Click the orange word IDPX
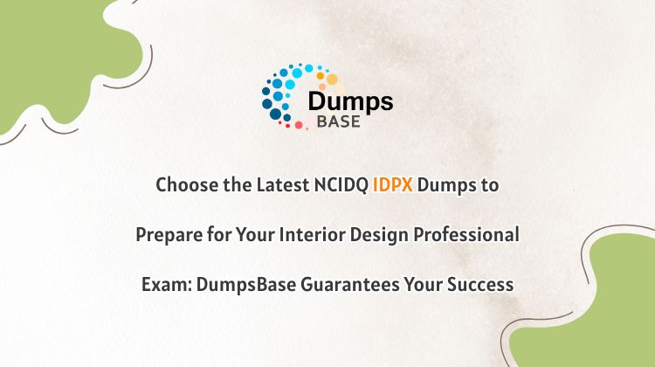coord(393,184)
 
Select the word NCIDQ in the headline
coord(341,185)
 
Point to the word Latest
coord(282,184)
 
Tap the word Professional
coord(466,234)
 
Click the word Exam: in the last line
coord(166,285)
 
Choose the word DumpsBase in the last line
coord(246,285)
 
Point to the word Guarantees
coord(350,285)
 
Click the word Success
coord(480,285)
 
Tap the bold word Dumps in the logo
coord(350,102)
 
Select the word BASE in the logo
coord(338,121)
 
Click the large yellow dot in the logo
coord(332,79)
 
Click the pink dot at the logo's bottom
coord(299,125)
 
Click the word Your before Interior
coord(255,234)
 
